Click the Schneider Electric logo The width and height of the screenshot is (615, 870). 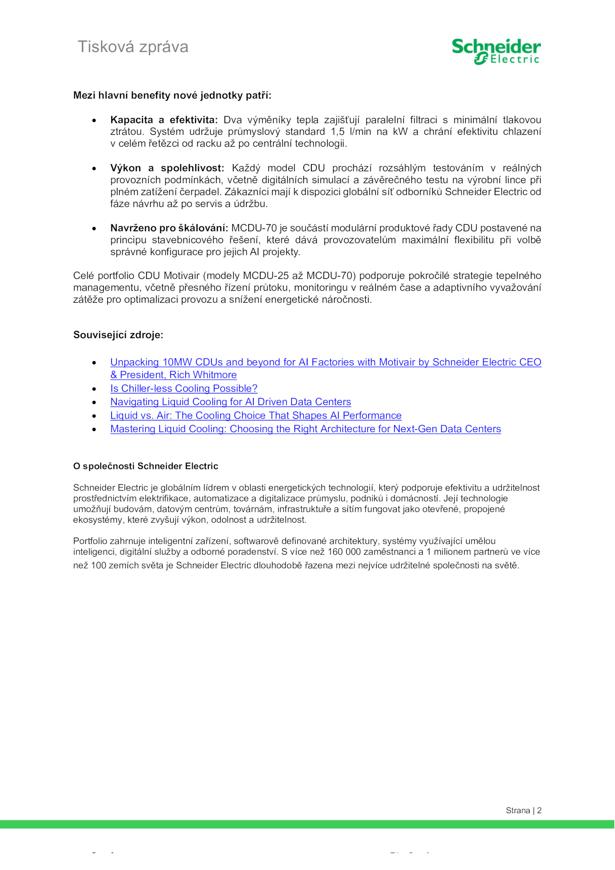(496, 52)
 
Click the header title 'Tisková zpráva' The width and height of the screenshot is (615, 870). (133, 47)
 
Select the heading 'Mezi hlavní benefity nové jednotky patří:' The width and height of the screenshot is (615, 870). (172, 95)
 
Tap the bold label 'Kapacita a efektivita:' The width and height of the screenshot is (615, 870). (164, 120)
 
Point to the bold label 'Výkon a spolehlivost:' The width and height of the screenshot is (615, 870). (167, 168)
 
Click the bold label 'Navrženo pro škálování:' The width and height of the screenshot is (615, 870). (169, 228)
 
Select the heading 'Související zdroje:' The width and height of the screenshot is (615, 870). (118, 335)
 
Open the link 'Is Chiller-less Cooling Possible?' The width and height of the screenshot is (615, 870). (184, 388)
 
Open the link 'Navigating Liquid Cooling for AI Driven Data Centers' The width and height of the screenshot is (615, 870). (231, 402)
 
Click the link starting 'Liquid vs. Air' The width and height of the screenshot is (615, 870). (256, 415)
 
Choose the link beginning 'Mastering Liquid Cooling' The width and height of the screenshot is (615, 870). (306, 429)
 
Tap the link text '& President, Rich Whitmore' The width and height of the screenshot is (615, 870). (173, 375)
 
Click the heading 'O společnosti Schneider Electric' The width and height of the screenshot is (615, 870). (146, 466)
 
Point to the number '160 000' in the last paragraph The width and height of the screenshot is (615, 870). (343, 552)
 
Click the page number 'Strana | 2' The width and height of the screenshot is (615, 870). (523, 810)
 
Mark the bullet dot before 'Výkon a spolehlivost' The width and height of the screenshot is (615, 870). (94, 168)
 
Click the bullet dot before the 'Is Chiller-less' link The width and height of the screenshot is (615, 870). (94, 389)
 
